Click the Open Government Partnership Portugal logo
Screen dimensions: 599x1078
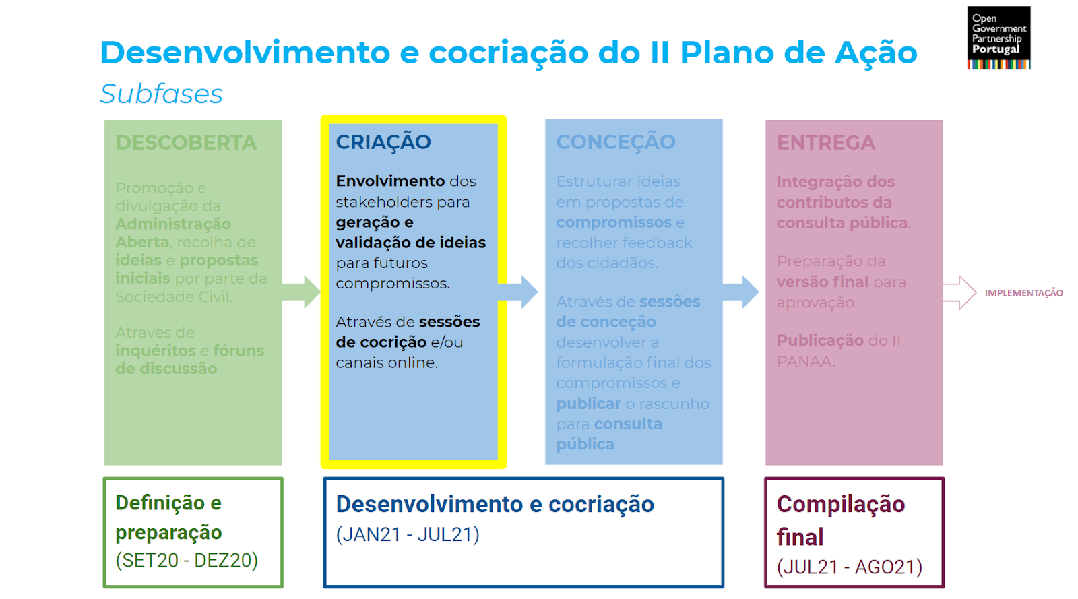(998, 38)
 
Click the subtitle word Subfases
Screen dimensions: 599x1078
(161, 94)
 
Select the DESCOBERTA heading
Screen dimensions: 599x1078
(186, 143)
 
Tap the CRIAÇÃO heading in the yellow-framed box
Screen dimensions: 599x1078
(383, 142)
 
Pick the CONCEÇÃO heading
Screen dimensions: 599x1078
(615, 142)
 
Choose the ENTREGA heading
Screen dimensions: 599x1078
(825, 143)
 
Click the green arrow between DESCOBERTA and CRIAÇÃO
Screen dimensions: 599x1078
(301, 292)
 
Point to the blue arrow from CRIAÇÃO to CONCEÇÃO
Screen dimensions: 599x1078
(519, 292)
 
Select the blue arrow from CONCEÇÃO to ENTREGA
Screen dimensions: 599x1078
(741, 292)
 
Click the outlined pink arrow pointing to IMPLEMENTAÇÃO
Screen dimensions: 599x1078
(959, 292)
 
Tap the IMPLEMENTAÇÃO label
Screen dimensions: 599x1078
(1023, 293)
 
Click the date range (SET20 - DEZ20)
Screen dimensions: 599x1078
(187, 560)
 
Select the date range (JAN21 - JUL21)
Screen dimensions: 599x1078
(408, 534)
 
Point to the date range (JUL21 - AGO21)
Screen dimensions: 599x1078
(850, 567)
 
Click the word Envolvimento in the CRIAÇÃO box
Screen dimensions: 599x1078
(390, 181)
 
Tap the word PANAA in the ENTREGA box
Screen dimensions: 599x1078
(804, 362)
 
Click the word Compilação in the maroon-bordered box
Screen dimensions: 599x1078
(841, 504)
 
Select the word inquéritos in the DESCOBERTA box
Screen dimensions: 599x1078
(155, 351)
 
